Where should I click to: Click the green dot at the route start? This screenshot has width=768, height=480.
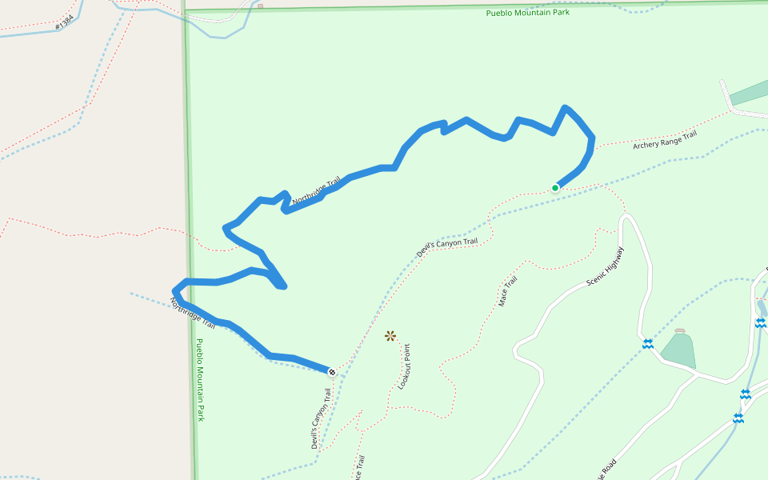click(x=555, y=188)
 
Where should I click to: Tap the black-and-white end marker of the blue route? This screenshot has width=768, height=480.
click(x=332, y=371)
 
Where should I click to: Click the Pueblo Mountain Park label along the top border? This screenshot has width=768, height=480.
click(x=528, y=13)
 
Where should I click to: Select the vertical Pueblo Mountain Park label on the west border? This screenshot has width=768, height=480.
click(x=200, y=380)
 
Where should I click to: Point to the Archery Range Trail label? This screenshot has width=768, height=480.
click(x=665, y=140)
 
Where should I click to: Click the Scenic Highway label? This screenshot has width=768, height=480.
click(x=606, y=266)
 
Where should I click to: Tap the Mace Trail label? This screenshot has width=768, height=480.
click(x=508, y=292)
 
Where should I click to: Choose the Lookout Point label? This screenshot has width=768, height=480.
click(x=404, y=367)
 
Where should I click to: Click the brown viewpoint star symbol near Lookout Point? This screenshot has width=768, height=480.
click(x=390, y=336)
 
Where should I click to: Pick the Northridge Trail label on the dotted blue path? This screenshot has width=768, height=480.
click(x=193, y=314)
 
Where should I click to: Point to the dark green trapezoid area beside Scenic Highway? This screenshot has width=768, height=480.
click(x=677, y=350)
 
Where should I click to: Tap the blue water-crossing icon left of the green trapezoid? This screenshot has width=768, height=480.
click(x=647, y=344)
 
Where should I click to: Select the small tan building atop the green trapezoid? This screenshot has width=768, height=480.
click(x=680, y=330)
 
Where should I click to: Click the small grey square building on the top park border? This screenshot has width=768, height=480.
click(x=260, y=5)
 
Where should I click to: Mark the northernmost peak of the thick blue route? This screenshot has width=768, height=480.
click(x=566, y=107)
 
